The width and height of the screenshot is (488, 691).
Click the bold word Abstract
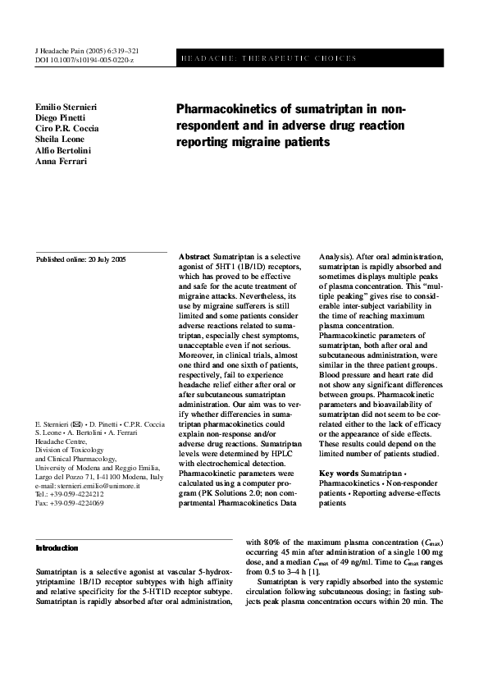click(194, 257)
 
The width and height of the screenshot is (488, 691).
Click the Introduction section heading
click(57, 547)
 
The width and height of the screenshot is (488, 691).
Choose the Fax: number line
click(70, 503)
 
